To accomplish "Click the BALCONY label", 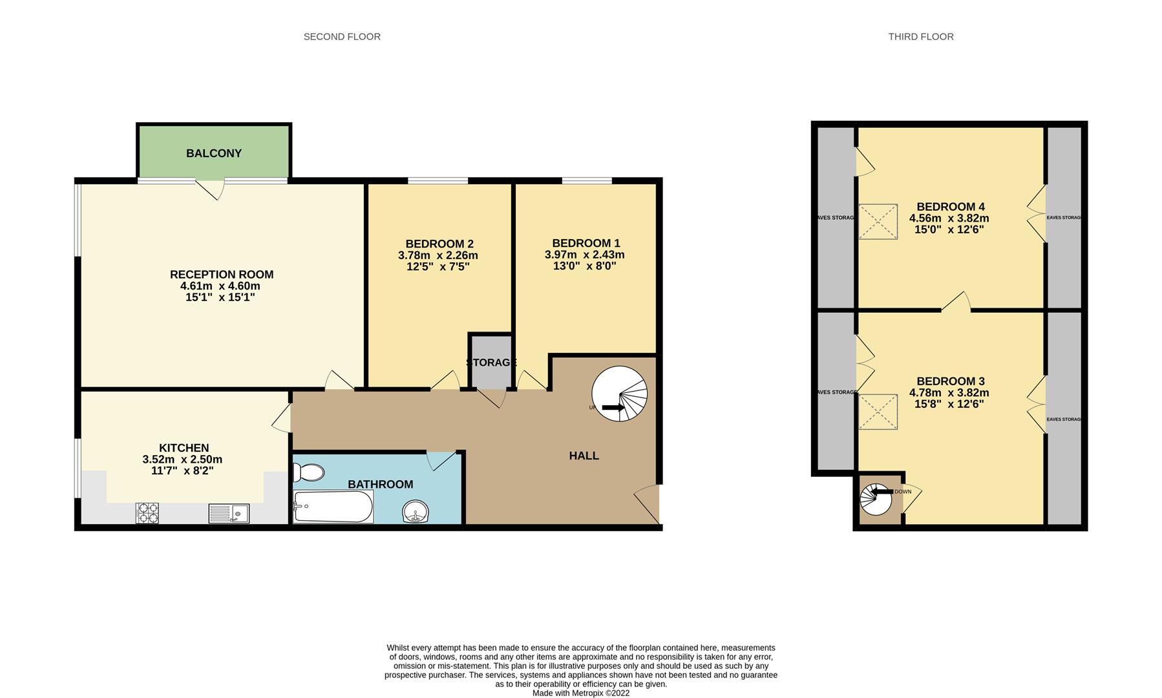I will (214, 153).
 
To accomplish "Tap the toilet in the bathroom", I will (308, 472).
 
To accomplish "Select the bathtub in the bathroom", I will (333, 507).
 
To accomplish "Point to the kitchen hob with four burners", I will (147, 513).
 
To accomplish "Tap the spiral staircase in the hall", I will (619, 394).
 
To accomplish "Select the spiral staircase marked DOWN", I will (876, 499).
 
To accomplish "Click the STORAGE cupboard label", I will (491, 363).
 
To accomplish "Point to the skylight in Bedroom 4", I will (878, 222).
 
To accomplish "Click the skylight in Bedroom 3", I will (878, 412).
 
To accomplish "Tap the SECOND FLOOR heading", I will (342, 37).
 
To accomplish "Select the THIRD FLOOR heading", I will (920, 37).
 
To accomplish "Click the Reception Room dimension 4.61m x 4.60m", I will (220, 286).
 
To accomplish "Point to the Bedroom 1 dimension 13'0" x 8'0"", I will (584, 266).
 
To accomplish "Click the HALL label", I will (584, 456).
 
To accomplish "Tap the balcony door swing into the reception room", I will (211, 189).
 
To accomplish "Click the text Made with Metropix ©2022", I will (580, 693).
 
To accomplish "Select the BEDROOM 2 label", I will (439, 244).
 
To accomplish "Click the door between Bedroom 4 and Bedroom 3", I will (957, 303).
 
